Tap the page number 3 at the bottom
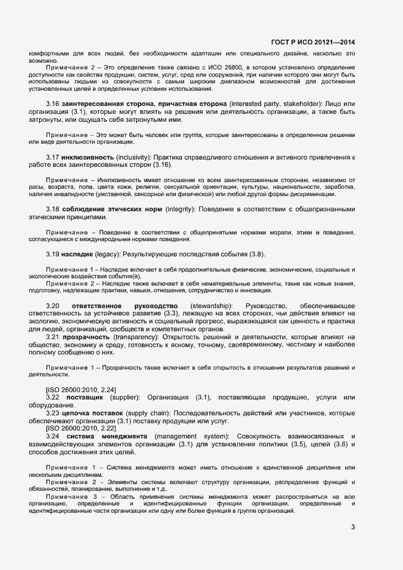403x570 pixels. [353, 527]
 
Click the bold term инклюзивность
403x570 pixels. [96, 157]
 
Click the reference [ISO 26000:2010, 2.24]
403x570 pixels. [81, 389]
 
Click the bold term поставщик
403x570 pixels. [85, 397]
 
